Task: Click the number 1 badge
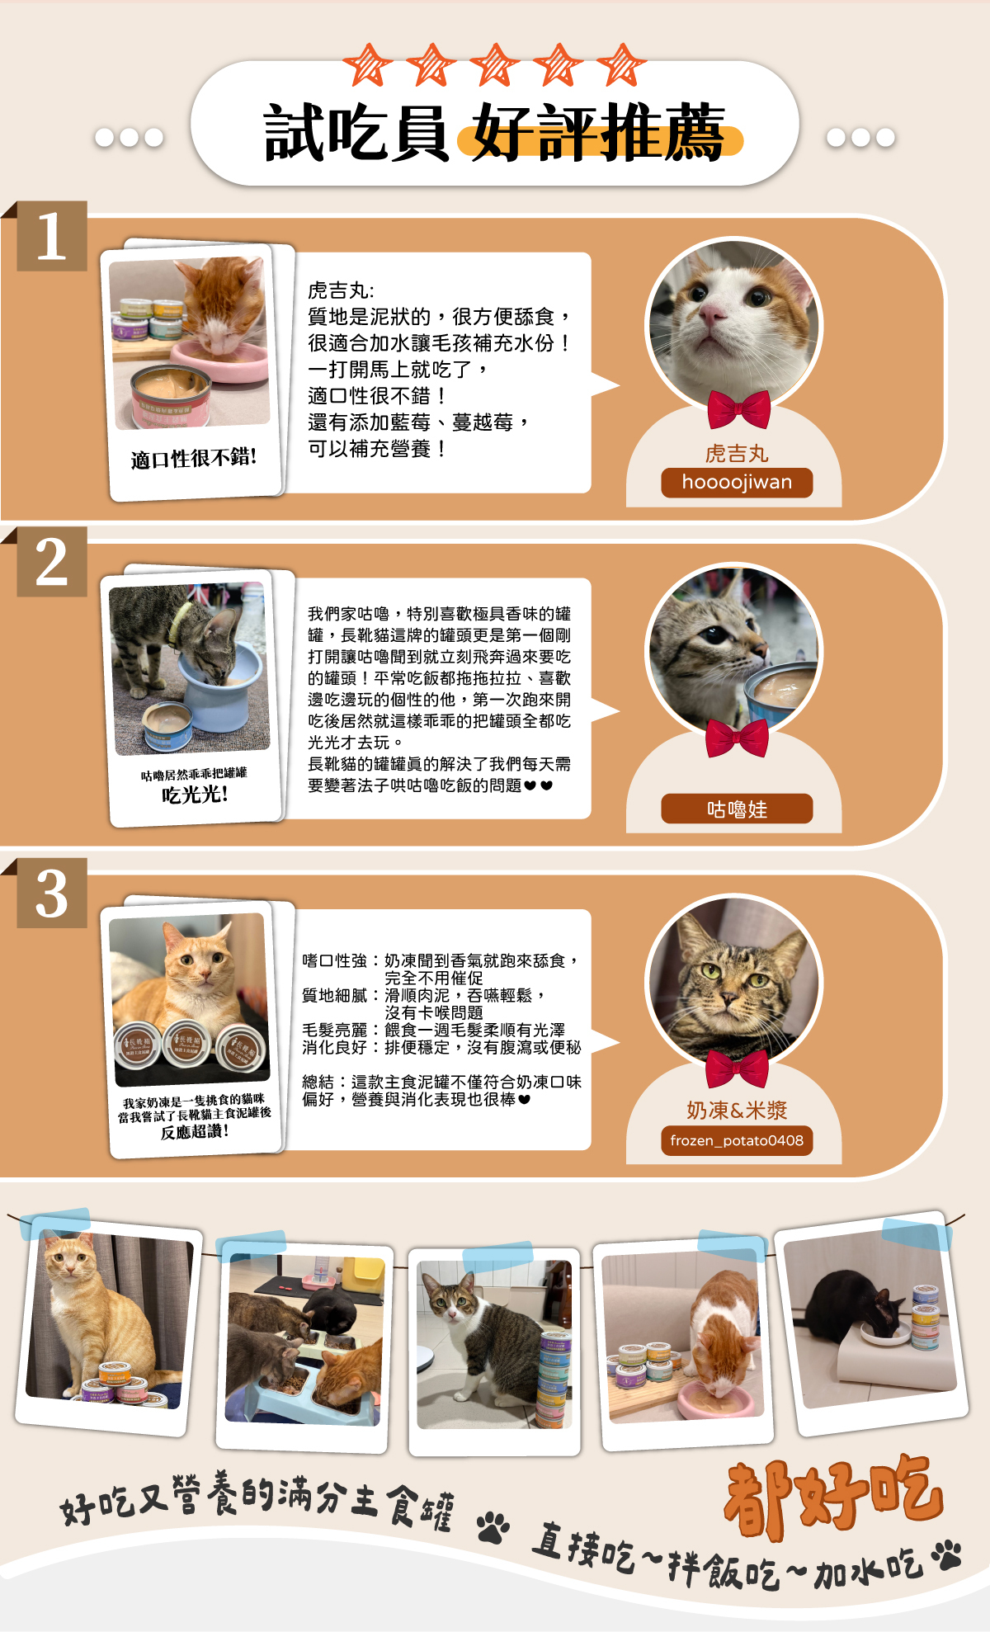[52, 236]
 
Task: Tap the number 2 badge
[52, 562]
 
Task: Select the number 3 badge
[52, 893]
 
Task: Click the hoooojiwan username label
[737, 483]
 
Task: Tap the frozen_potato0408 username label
[737, 1140]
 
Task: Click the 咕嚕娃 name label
[737, 809]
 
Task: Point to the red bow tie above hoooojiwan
[738, 408]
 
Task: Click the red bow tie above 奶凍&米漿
[738, 1068]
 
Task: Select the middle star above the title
[494, 64]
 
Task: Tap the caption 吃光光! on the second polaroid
[195, 795]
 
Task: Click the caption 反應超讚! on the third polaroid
[195, 1132]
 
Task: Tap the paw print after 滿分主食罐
[493, 1527]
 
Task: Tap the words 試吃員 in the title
[356, 132]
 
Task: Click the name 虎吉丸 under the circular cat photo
[737, 453]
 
